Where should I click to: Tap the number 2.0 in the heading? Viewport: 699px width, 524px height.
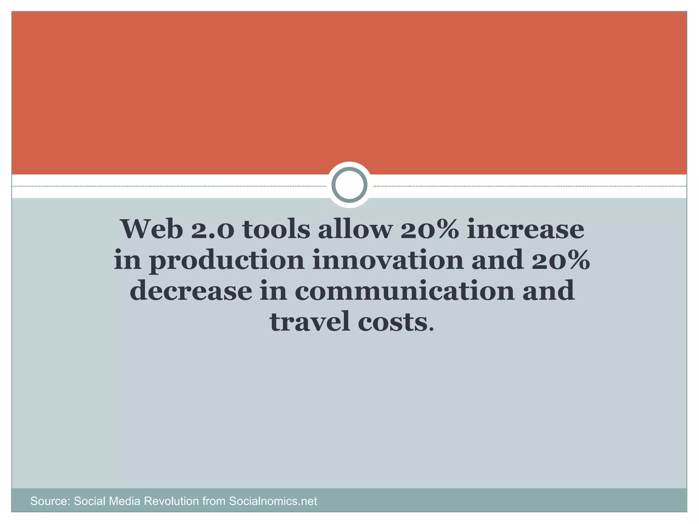pos(212,229)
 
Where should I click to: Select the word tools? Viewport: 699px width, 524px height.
pos(276,229)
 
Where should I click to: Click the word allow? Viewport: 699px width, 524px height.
pos(355,229)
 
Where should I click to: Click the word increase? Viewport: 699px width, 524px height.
pos(525,229)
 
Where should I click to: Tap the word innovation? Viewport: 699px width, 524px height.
pos(388,260)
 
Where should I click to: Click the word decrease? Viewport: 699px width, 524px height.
pos(191,291)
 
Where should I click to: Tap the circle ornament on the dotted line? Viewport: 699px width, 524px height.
pos(349,185)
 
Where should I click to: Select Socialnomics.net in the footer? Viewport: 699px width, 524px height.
pos(273,501)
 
